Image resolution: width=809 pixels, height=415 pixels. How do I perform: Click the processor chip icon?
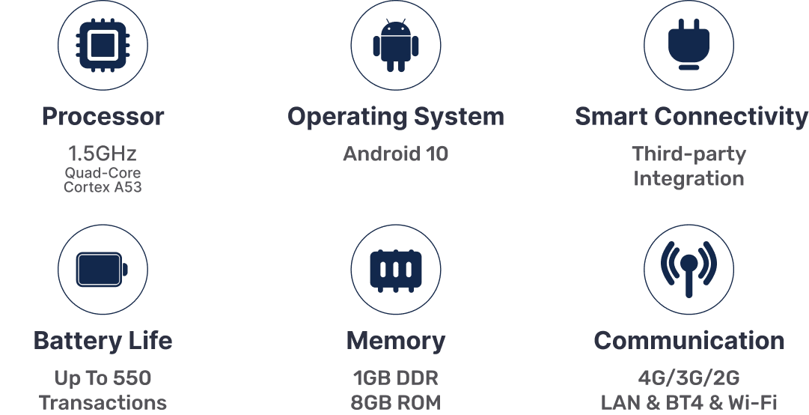click(103, 45)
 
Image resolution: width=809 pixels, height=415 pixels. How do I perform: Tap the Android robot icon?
click(396, 46)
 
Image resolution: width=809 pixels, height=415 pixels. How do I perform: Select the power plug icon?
click(689, 45)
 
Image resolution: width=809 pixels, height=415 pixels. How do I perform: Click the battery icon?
click(103, 269)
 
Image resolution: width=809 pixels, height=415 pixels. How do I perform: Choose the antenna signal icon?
click(689, 269)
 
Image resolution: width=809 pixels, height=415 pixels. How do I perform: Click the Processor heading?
click(103, 117)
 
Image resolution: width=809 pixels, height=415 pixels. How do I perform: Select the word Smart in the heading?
click(611, 117)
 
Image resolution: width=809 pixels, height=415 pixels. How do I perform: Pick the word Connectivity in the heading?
click(731, 117)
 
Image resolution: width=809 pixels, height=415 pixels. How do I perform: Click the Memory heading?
click(396, 341)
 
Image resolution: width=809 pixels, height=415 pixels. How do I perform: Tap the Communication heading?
click(689, 341)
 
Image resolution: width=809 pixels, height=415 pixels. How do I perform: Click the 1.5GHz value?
click(103, 154)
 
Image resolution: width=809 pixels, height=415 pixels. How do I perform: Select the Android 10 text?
click(396, 154)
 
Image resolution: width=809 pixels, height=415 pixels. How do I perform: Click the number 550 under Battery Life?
click(132, 378)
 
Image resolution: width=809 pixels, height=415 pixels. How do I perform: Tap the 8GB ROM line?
click(396, 402)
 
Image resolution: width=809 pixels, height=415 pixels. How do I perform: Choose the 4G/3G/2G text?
click(689, 378)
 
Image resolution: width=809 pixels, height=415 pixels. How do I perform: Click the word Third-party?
click(689, 154)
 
